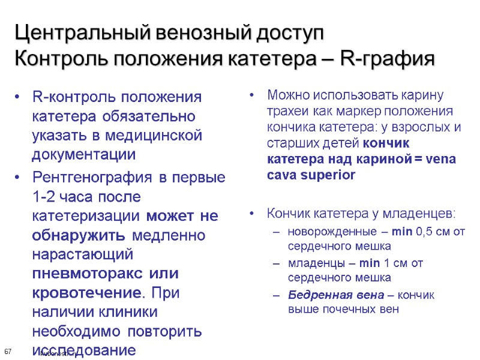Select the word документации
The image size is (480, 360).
[x=84, y=154]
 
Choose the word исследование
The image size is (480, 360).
[x=84, y=350]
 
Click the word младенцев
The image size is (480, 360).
[x=421, y=214]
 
